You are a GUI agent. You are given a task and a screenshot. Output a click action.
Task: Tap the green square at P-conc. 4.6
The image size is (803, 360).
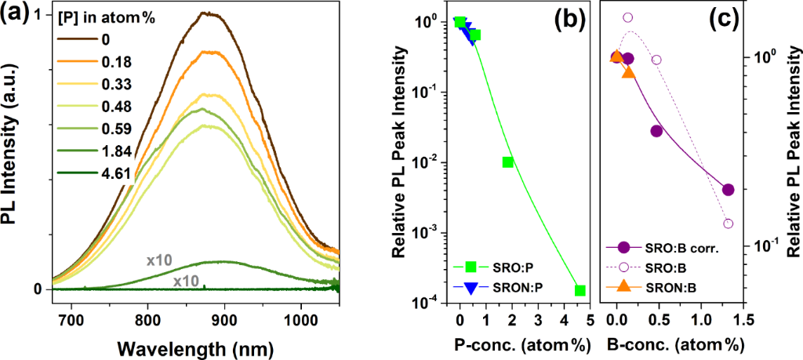(x=580, y=291)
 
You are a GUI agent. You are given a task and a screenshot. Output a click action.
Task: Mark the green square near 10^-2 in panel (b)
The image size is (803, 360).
(x=508, y=162)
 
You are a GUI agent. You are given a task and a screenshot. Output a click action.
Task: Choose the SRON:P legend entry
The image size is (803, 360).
(x=510, y=287)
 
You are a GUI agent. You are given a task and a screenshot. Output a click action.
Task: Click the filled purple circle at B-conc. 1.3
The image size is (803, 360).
(x=728, y=190)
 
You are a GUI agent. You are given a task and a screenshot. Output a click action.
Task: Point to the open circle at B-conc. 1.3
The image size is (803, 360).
(x=728, y=224)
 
